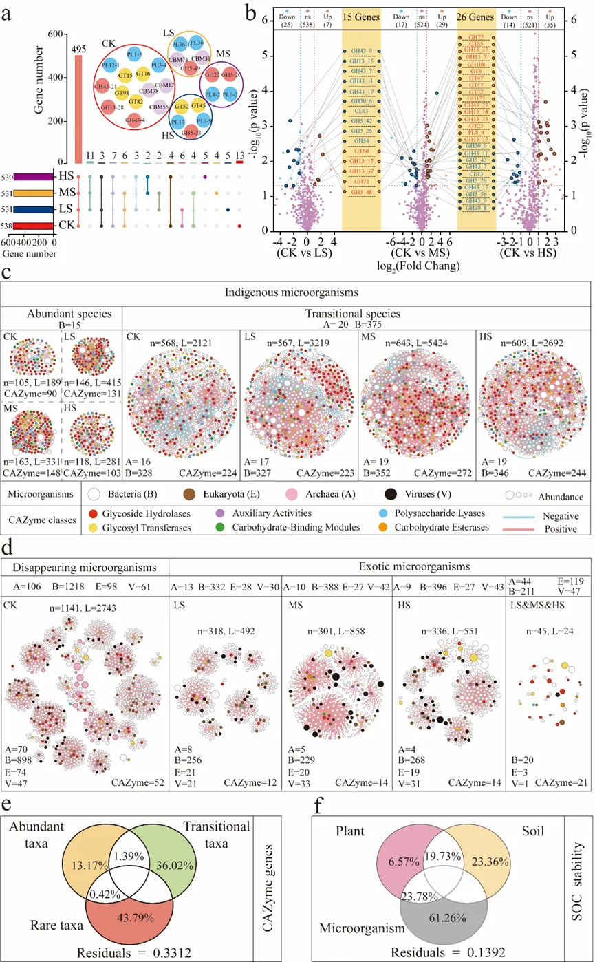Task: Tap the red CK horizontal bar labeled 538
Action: pos(33,225)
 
